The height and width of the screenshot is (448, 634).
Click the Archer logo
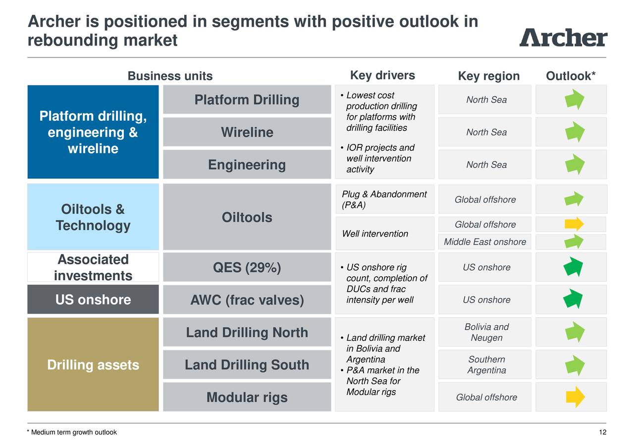[563, 37]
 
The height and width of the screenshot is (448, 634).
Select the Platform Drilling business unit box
[247, 100]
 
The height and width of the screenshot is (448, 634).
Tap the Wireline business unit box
[247, 132]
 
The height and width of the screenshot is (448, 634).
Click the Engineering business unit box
[247, 164]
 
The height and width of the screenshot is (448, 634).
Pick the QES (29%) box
[247, 268]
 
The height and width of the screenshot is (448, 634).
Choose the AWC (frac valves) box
[247, 300]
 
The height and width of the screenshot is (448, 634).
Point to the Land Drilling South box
[247, 365]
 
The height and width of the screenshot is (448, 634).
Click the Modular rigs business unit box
[247, 397]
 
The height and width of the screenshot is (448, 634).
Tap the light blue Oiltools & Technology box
[93, 217]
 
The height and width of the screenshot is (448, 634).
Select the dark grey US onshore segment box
[93, 299]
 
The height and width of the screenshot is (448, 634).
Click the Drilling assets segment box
[93, 365]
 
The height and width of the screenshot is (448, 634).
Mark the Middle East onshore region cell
[484, 242]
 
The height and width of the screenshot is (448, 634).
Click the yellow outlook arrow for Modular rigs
[575, 397]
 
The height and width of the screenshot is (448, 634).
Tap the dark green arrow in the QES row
[573, 267]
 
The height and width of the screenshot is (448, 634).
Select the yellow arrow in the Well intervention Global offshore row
[574, 224]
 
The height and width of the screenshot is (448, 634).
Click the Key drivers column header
[382, 75]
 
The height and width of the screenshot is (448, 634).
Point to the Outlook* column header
[570, 76]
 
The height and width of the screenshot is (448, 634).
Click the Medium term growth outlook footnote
[72, 432]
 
